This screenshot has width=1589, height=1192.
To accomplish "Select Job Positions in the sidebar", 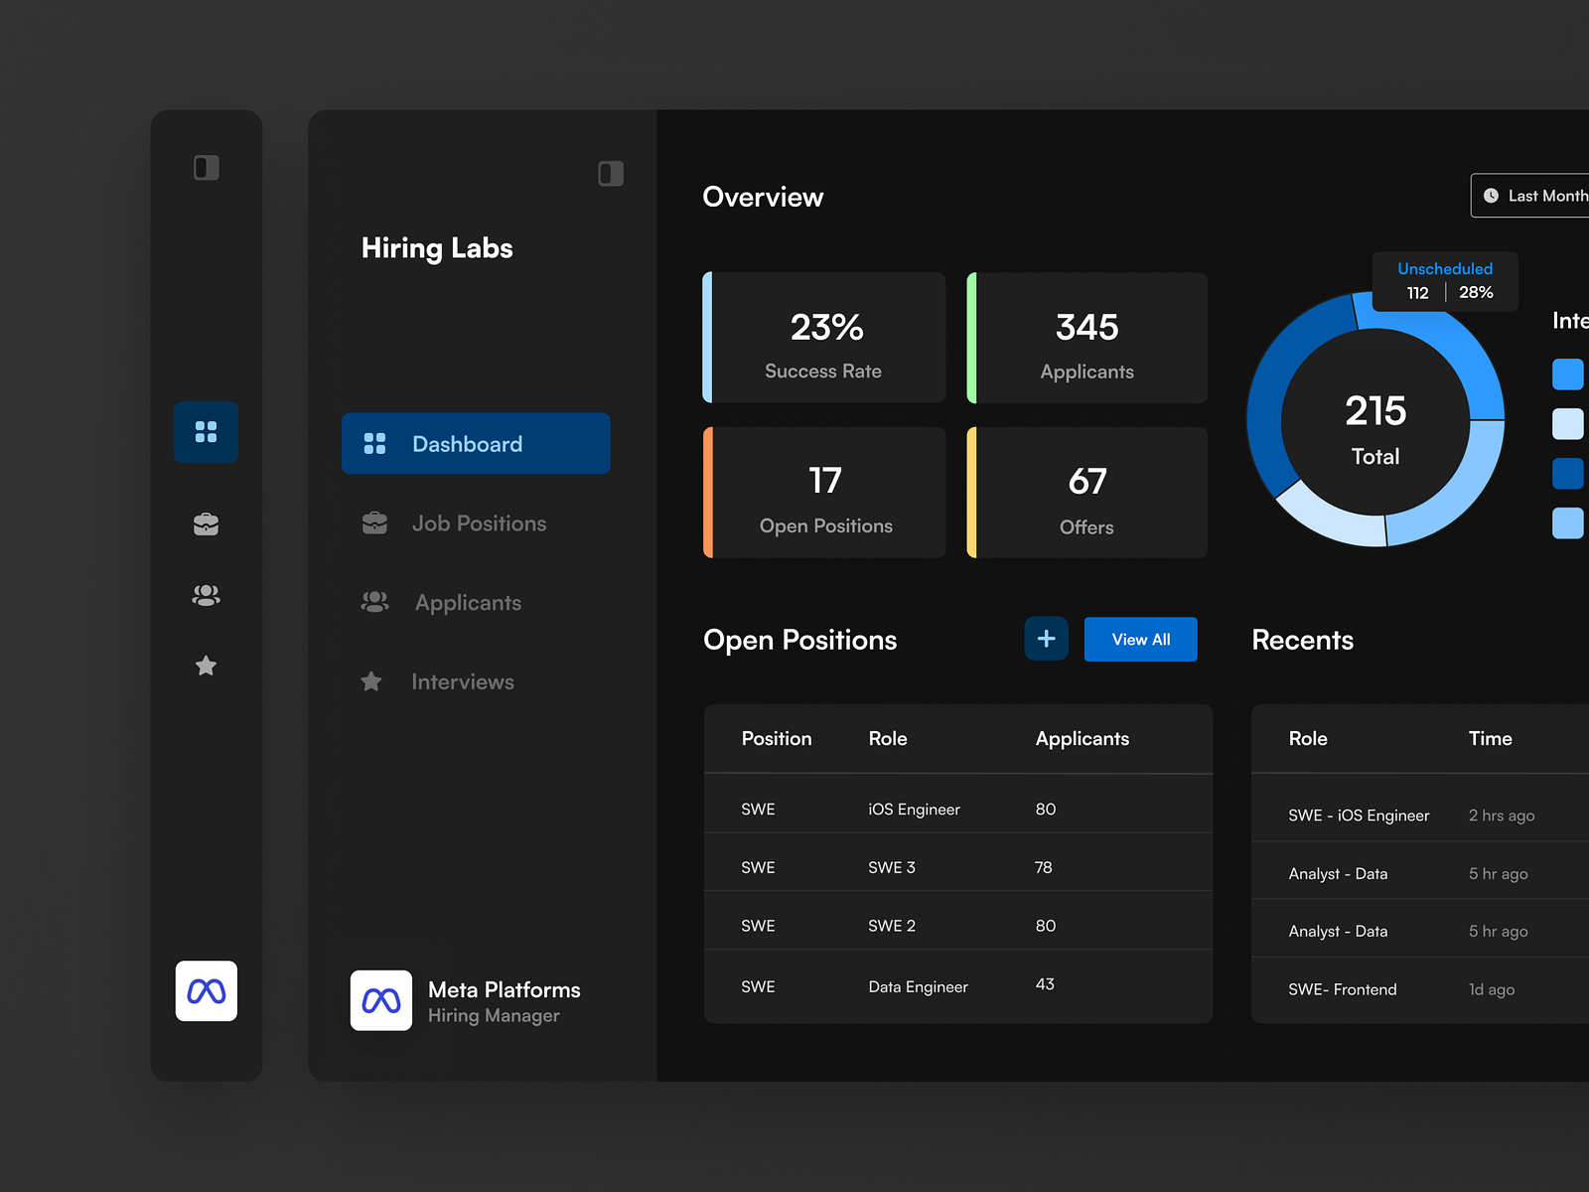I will pos(478,523).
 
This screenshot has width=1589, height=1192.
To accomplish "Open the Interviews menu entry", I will pos(462,681).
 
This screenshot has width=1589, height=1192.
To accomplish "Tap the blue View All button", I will pos(1140,640).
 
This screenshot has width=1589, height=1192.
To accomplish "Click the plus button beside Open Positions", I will pos(1046,639).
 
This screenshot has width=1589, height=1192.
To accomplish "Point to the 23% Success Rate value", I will pos(826,328).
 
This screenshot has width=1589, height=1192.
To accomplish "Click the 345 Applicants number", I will pos(1086,328).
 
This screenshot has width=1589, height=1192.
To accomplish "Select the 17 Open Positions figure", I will pos(824,482).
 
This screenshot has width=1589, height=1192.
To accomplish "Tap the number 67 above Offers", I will pos(1086,482).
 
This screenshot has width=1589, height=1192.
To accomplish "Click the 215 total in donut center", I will pos(1375,411).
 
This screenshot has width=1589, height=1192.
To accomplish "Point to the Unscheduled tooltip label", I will pos(1444,269).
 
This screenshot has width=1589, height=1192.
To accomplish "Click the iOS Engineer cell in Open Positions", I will pos(914,810).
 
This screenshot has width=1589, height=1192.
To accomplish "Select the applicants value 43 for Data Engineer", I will pos(1045,984).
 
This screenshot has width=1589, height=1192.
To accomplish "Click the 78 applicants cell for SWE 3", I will pos(1043,867).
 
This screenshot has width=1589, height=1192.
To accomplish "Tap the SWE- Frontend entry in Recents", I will pos(1342,989).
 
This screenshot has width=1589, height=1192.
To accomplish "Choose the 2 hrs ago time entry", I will pos(1501,816).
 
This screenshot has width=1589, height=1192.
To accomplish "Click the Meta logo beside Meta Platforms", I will pos(381,1000).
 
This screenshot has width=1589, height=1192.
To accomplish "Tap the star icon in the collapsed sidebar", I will pos(206,666).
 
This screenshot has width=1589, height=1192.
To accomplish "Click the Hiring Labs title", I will pos(437,248).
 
